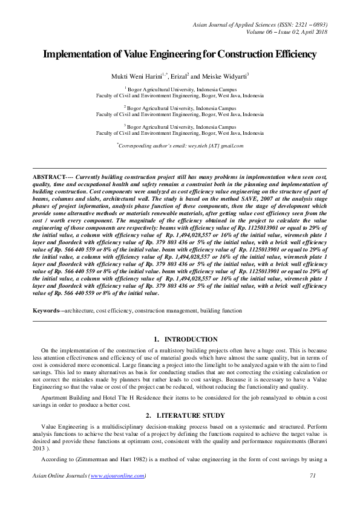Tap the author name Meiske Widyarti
225,77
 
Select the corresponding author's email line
180,146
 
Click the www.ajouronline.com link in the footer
117,476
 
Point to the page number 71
313,476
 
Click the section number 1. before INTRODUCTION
157,340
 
